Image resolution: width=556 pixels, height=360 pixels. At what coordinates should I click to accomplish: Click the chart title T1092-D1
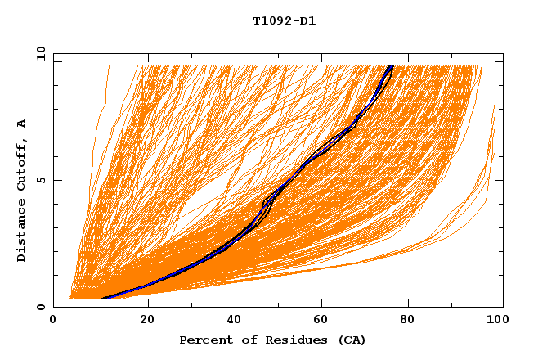(x=284, y=21)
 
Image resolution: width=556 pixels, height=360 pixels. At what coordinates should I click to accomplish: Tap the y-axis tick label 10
(x=38, y=53)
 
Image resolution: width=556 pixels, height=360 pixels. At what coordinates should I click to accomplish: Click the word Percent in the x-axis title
(x=204, y=340)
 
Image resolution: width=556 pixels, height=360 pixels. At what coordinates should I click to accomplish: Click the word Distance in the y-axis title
(x=21, y=232)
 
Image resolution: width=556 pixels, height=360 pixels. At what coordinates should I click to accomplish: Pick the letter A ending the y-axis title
(x=21, y=124)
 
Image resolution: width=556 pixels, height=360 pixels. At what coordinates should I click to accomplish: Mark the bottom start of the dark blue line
(x=102, y=299)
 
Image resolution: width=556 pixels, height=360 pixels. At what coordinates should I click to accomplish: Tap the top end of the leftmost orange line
(x=108, y=65)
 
